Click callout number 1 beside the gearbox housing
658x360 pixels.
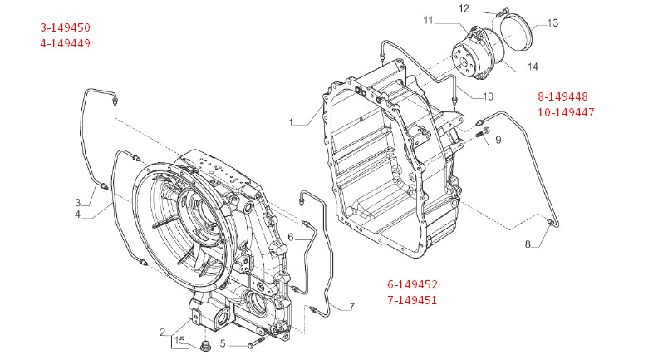tap(292, 123)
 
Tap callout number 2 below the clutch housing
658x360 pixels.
tap(163, 333)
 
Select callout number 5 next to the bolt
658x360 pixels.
tap(223, 343)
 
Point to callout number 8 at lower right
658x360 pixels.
tap(527, 244)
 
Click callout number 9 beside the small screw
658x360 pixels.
tap(498, 141)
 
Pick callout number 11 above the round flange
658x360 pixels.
tap(428, 19)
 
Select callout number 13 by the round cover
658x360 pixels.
tap(552, 22)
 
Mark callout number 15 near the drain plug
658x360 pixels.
tap(178, 341)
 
